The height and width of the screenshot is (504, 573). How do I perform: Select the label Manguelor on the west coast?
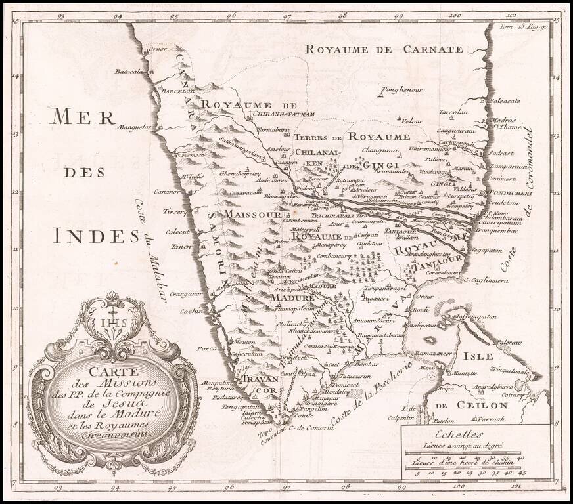[x=134, y=127]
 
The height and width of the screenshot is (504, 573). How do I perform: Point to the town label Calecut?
[x=177, y=232]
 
